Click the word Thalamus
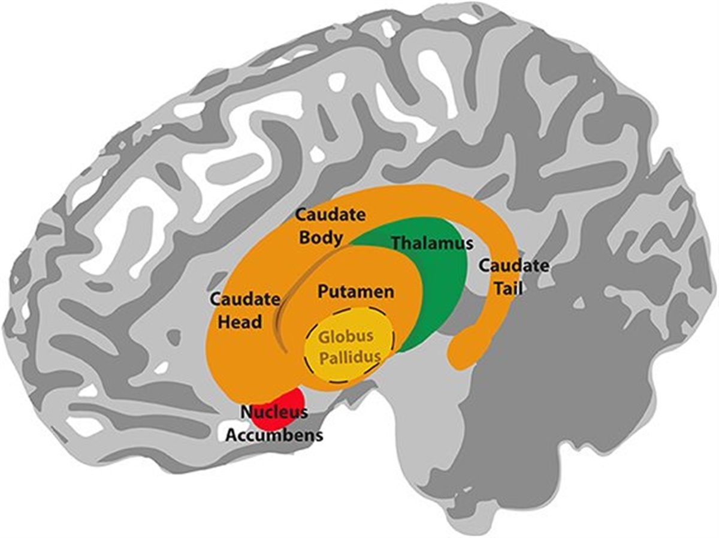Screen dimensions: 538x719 pos(431,244)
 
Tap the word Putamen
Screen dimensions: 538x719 pos(355,292)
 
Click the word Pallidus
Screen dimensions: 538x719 pos(350,358)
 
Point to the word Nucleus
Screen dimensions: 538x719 pos(274,412)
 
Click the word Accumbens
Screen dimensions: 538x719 pos(274,435)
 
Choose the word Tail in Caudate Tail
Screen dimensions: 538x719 pos(509,288)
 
